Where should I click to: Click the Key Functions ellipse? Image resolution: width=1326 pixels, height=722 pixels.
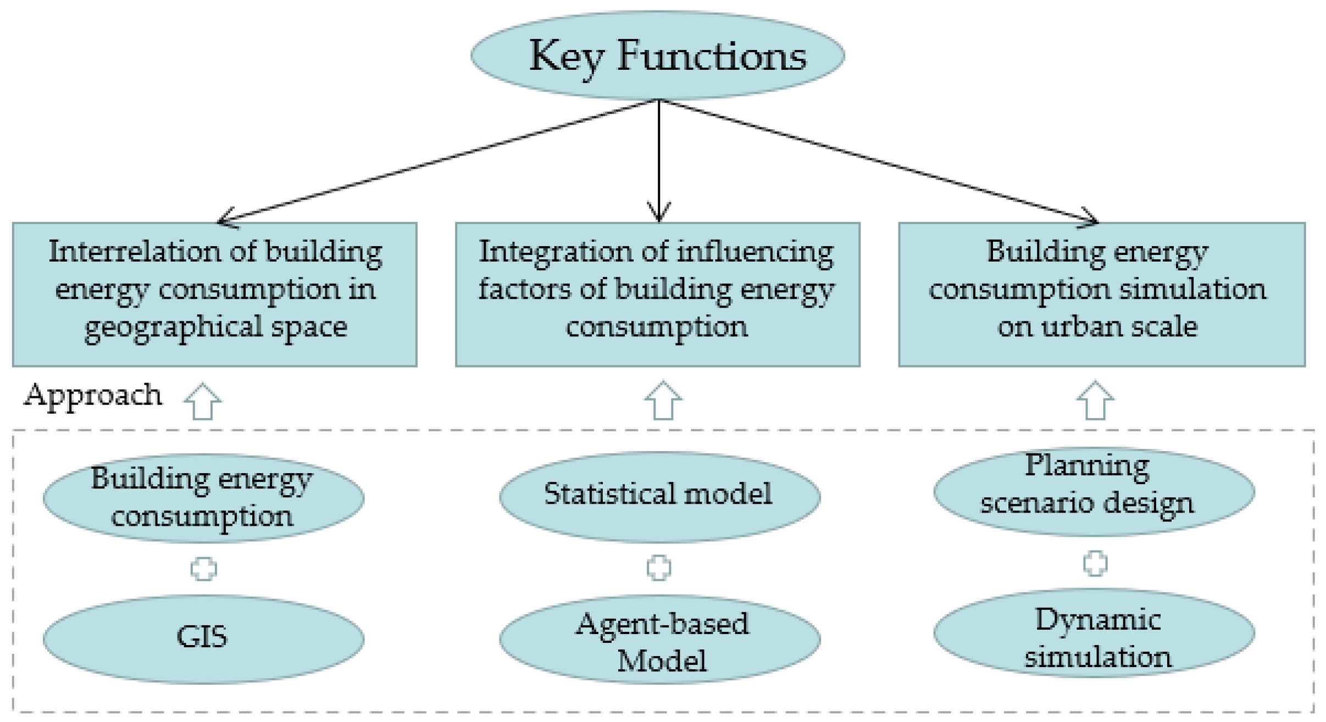click(657, 55)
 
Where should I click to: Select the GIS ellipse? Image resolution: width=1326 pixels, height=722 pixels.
click(203, 639)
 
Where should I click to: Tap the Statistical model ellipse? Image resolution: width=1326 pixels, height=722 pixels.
click(659, 496)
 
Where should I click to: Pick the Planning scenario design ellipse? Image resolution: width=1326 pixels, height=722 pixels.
click(1094, 491)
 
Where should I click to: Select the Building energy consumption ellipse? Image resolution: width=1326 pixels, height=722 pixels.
click(203, 497)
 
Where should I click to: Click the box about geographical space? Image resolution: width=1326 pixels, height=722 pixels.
click(214, 294)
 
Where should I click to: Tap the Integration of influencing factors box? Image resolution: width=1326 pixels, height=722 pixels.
click(657, 294)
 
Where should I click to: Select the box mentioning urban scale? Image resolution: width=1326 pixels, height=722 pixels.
click(1101, 294)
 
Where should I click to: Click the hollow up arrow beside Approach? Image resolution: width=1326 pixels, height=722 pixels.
click(202, 401)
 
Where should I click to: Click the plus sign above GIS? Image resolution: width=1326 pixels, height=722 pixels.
click(203, 569)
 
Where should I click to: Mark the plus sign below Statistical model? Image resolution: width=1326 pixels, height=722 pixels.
click(658, 568)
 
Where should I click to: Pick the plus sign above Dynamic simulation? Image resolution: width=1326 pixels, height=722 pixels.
click(1095, 563)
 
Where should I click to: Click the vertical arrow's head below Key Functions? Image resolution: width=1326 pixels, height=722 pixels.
click(659, 214)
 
